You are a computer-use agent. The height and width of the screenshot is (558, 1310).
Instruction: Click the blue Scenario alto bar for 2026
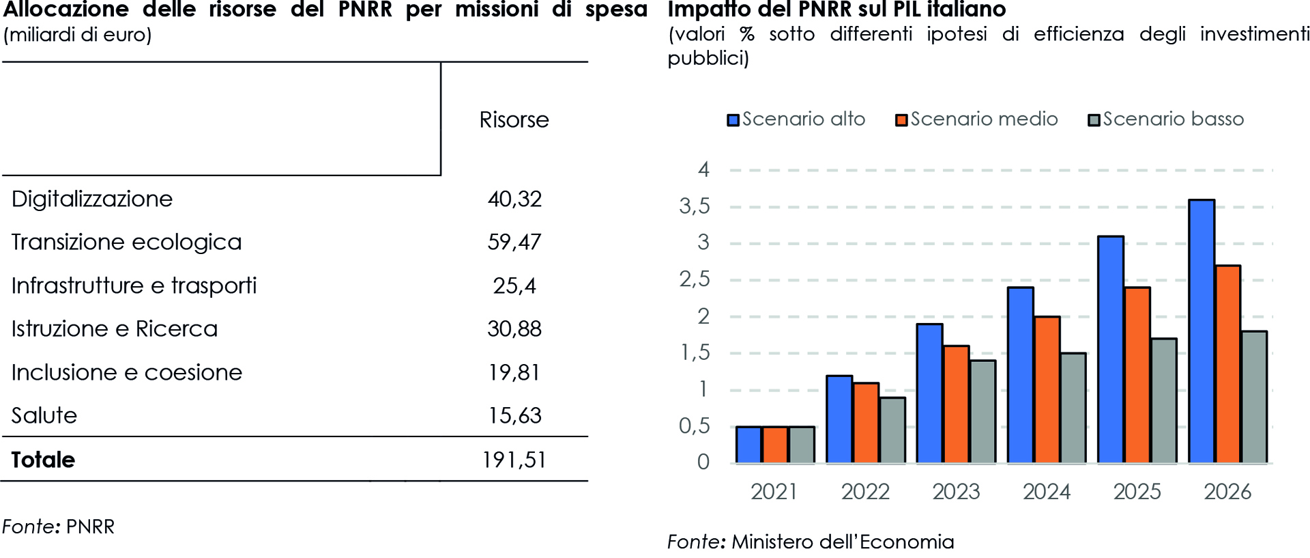coord(1202,331)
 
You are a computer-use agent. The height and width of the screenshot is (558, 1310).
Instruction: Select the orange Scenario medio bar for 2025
coord(1137,375)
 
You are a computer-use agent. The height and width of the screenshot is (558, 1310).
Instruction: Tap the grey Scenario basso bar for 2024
coord(1073,408)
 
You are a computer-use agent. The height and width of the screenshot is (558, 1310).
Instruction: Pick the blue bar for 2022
coord(839,419)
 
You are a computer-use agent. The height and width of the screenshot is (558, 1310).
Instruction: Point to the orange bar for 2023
coord(956,404)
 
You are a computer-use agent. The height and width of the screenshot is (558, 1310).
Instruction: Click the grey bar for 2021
coord(801,445)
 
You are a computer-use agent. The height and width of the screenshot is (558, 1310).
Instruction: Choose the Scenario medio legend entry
coord(977,120)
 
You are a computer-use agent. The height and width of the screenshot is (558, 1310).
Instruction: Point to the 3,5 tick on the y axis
coord(695,206)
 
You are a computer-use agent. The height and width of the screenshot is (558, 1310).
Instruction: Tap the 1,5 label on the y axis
coord(695,353)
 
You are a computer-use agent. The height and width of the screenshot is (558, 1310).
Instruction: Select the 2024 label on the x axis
coord(1047,492)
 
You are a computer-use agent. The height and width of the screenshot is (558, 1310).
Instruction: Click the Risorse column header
coord(514,120)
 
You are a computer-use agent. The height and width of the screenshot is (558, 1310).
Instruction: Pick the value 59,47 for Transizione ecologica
coord(514,242)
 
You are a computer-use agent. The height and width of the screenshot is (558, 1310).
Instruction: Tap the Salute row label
coord(44,416)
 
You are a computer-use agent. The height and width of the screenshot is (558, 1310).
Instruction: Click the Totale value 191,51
coord(514,460)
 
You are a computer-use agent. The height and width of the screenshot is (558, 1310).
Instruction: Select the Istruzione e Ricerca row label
coord(115,329)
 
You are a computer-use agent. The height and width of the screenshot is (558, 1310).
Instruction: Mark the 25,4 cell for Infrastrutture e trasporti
coord(514,285)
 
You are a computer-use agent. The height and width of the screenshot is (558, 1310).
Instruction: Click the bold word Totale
coord(43,460)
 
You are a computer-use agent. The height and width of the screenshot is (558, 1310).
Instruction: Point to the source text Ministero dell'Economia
coord(843,542)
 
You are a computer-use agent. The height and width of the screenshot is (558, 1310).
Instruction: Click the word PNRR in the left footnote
coord(90,527)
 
